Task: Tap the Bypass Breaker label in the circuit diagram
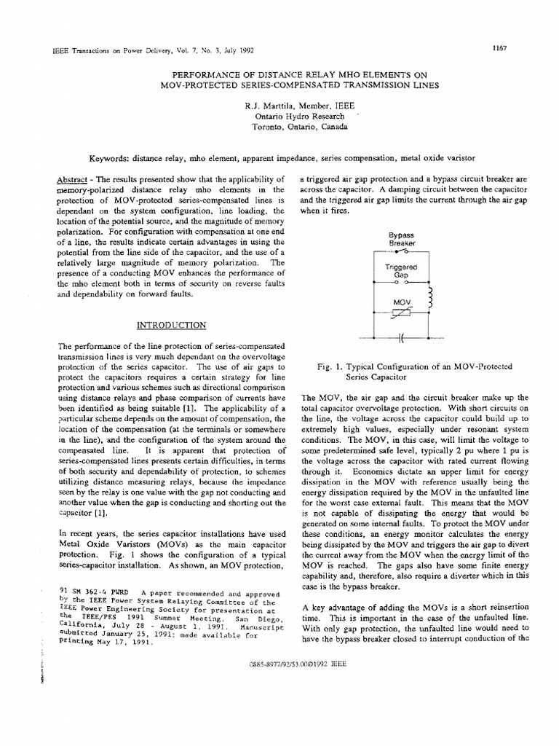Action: (400, 239)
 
